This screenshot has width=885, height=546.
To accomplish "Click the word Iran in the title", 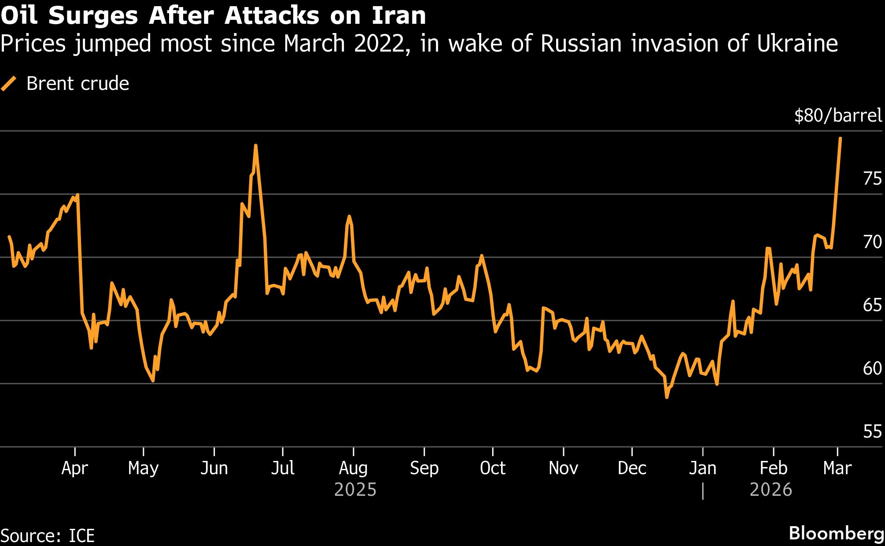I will point(399,16).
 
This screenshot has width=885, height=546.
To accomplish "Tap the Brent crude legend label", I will point(77,84).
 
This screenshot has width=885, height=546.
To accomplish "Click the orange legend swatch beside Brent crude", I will point(9,84).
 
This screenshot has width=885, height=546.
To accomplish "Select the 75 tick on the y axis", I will point(872,178).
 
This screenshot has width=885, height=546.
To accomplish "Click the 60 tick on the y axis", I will point(872,368).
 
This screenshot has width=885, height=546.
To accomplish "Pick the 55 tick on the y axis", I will point(872,432).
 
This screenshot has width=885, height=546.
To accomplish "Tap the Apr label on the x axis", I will point(75,468).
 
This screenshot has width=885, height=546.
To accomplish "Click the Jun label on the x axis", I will point(214,468).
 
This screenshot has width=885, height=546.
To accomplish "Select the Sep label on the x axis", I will point(424,468).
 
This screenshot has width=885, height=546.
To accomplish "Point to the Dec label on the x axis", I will point(632,468).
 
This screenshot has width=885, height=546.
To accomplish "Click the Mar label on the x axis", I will point(837,468).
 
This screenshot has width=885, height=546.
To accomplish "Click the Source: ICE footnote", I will point(48,536).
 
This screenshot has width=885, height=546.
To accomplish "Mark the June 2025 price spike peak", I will point(255,145).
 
